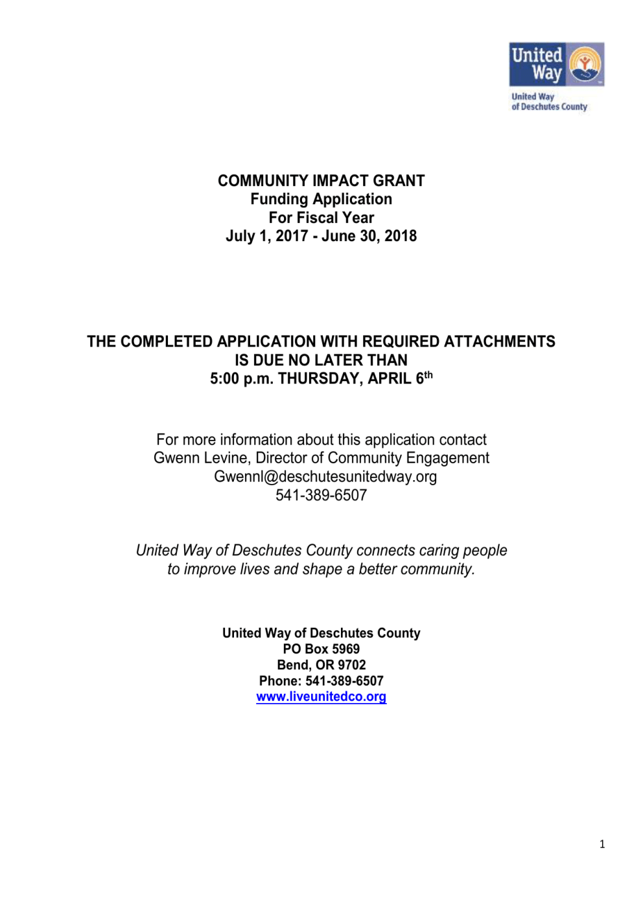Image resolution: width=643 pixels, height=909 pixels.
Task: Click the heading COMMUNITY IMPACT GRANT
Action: pos(321,181)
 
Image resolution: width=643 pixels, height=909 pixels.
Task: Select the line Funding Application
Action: pos(321,200)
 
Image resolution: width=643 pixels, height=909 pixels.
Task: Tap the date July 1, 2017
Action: pos(266,236)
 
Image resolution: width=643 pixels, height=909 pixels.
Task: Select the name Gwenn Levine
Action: pos(200,458)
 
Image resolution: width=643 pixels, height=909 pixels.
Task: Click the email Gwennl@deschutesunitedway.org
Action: pos(325,477)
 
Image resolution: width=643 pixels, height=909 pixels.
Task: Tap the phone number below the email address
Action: pos(321,496)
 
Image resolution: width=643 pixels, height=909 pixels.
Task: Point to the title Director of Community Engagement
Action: pos(372,458)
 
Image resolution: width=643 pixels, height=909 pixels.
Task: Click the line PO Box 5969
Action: pos(321,649)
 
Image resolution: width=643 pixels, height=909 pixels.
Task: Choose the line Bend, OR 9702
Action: pos(321,665)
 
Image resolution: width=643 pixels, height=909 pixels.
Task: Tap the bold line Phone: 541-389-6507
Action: pos(321,681)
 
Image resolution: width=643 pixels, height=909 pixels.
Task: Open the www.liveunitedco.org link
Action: pos(321,697)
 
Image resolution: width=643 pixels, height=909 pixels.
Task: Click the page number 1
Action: pos(602,844)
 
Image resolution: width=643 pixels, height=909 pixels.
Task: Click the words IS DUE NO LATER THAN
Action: pos(321,360)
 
